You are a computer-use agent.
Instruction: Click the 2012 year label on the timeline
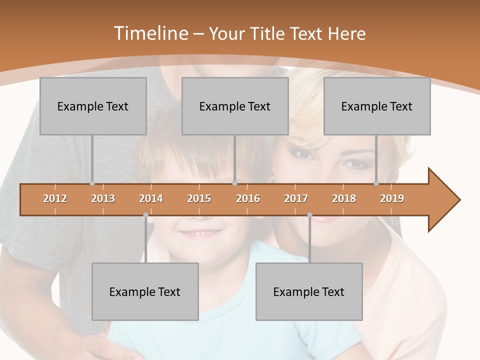[x=55, y=198]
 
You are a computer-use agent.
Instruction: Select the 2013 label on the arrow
[x=103, y=198]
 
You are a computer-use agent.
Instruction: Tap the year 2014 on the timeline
[x=151, y=198]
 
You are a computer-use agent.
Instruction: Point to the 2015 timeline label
[x=199, y=198]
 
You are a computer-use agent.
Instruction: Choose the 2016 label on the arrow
[x=248, y=198]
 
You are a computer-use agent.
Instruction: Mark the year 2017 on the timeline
[x=296, y=198]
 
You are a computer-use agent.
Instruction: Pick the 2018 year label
[x=344, y=198]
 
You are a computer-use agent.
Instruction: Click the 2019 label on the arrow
[x=392, y=198]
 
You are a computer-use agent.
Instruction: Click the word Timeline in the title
[x=150, y=33]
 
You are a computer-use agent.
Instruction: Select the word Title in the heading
[x=268, y=33]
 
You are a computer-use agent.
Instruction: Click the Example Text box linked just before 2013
[x=93, y=106]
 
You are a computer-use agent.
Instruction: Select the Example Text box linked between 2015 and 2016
[x=235, y=106]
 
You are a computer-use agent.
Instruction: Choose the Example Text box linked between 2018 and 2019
[x=377, y=106]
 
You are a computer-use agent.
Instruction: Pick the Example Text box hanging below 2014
[x=145, y=291]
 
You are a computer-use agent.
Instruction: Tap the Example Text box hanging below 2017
[x=309, y=291]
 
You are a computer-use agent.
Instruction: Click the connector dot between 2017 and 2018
[x=309, y=215]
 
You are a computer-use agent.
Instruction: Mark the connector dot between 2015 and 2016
[x=234, y=183]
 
